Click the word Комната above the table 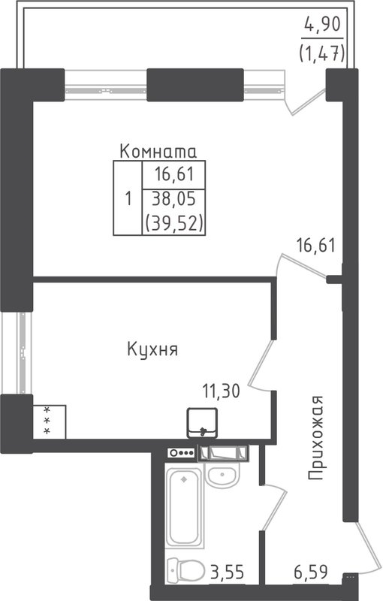[x=158, y=151]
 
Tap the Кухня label [x=152, y=350]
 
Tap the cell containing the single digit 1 [x=128, y=198]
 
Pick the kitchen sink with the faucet [x=203, y=422]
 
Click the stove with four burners [x=181, y=452]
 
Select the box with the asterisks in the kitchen [x=50, y=421]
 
